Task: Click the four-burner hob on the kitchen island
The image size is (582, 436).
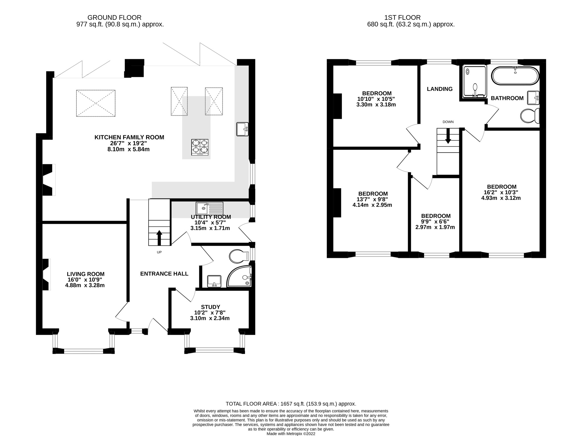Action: pos(200,147)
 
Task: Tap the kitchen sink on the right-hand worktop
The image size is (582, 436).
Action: pos(242,129)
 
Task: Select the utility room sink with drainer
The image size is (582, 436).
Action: pos(209,208)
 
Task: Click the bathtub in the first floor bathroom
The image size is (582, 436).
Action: pos(515,76)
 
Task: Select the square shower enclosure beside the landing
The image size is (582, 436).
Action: pos(475,81)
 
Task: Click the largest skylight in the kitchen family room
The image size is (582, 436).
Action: pos(96,103)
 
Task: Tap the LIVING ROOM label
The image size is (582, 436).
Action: pos(86,274)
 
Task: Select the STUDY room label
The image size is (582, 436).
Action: pos(210,307)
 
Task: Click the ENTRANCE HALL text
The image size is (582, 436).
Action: pos(164,274)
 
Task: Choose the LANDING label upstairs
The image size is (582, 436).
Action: pos(440,89)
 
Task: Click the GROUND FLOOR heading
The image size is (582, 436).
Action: pos(114,18)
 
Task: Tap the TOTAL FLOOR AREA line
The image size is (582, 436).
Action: pos(291,404)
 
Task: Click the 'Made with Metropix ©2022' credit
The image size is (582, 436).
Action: pos(291,434)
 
